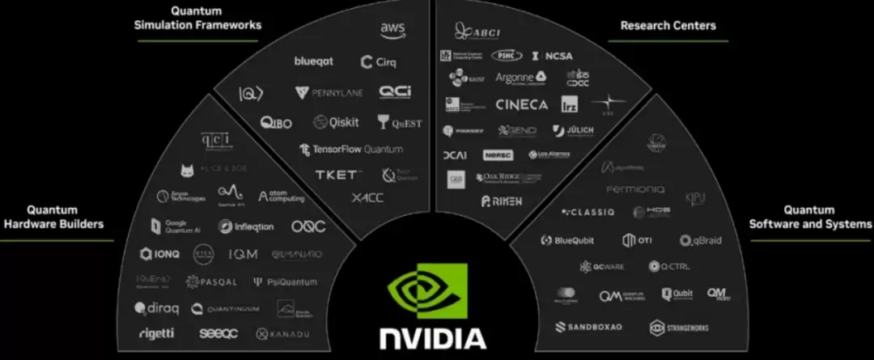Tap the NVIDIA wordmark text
(x=433, y=337)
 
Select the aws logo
(x=392, y=29)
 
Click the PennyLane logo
(x=329, y=93)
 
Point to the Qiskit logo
(x=336, y=122)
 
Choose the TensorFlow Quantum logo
(x=350, y=150)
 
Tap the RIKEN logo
(x=502, y=201)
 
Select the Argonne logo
(x=520, y=78)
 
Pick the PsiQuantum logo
(x=285, y=282)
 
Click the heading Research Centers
(x=668, y=26)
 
